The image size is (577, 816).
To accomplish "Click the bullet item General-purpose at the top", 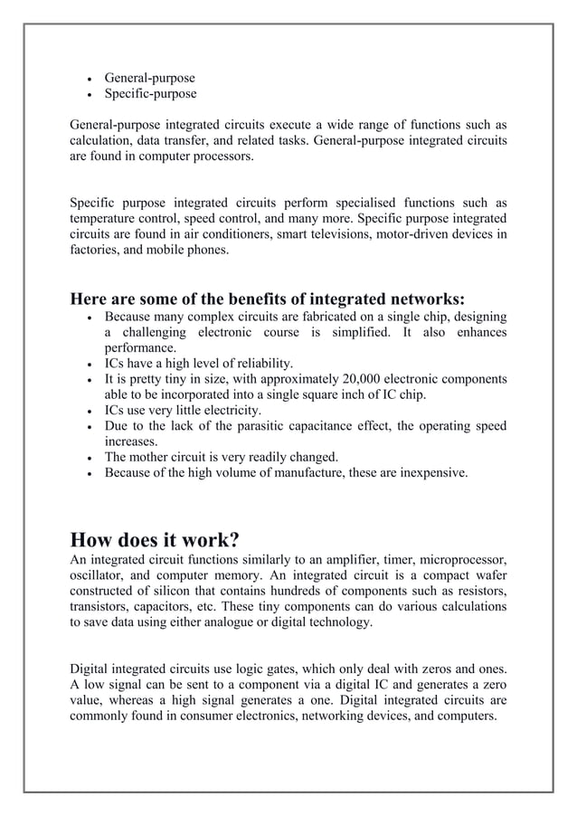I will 149,78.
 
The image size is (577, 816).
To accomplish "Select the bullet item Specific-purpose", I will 150,93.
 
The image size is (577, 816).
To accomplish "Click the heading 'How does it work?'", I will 155,540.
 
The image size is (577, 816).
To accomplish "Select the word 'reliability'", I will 256,364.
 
